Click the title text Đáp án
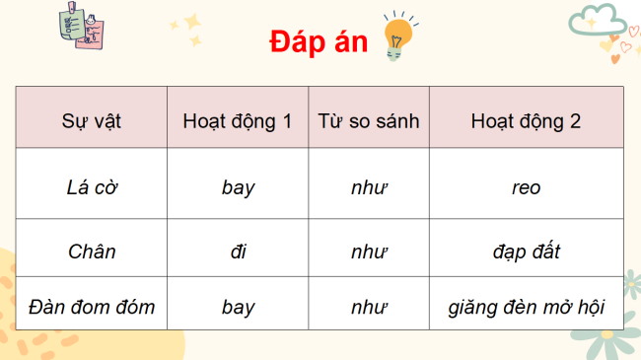317,44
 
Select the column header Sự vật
92,122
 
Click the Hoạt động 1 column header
238,122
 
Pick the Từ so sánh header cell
369,122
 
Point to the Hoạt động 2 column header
526,122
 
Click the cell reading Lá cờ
92,186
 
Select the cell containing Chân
92,251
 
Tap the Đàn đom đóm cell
92,307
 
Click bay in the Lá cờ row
238,186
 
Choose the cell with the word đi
238,251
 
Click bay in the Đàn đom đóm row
238,307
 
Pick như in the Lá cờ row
369,186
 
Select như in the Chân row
369,251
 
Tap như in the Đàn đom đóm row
369,307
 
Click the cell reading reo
526,186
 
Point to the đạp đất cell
526,251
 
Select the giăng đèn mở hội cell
526,307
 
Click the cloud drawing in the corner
600,20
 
